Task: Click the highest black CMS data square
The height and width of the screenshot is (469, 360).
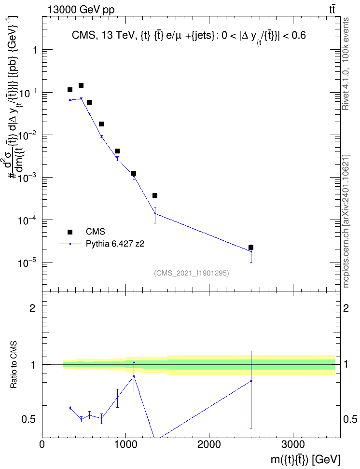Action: [x=81, y=85]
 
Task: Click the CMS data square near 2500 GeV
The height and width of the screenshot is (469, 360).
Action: [x=251, y=248]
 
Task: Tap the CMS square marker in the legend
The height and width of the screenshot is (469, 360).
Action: [x=70, y=232]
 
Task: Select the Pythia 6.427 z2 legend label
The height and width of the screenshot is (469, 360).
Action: [x=115, y=244]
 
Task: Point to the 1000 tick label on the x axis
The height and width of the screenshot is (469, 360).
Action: [x=125, y=444]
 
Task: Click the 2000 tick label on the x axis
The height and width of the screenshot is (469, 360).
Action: [x=209, y=444]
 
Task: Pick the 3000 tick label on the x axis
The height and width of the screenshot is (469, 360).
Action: [x=292, y=444]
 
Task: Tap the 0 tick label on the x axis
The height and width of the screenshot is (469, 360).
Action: [x=42, y=444]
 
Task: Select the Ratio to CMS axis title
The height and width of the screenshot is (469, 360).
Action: [x=14, y=364]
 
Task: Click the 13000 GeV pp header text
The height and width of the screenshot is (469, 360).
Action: [x=81, y=10]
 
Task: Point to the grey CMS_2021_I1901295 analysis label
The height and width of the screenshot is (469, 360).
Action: [x=192, y=273]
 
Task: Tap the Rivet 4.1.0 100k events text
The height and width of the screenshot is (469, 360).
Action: [x=346, y=64]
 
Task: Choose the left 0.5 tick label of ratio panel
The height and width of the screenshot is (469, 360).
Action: [x=29, y=420]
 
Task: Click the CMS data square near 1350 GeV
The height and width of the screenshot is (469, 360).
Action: [x=155, y=195]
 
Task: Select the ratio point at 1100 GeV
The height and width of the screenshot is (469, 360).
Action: [x=134, y=376]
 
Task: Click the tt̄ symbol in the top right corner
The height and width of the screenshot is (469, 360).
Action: [x=332, y=10]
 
